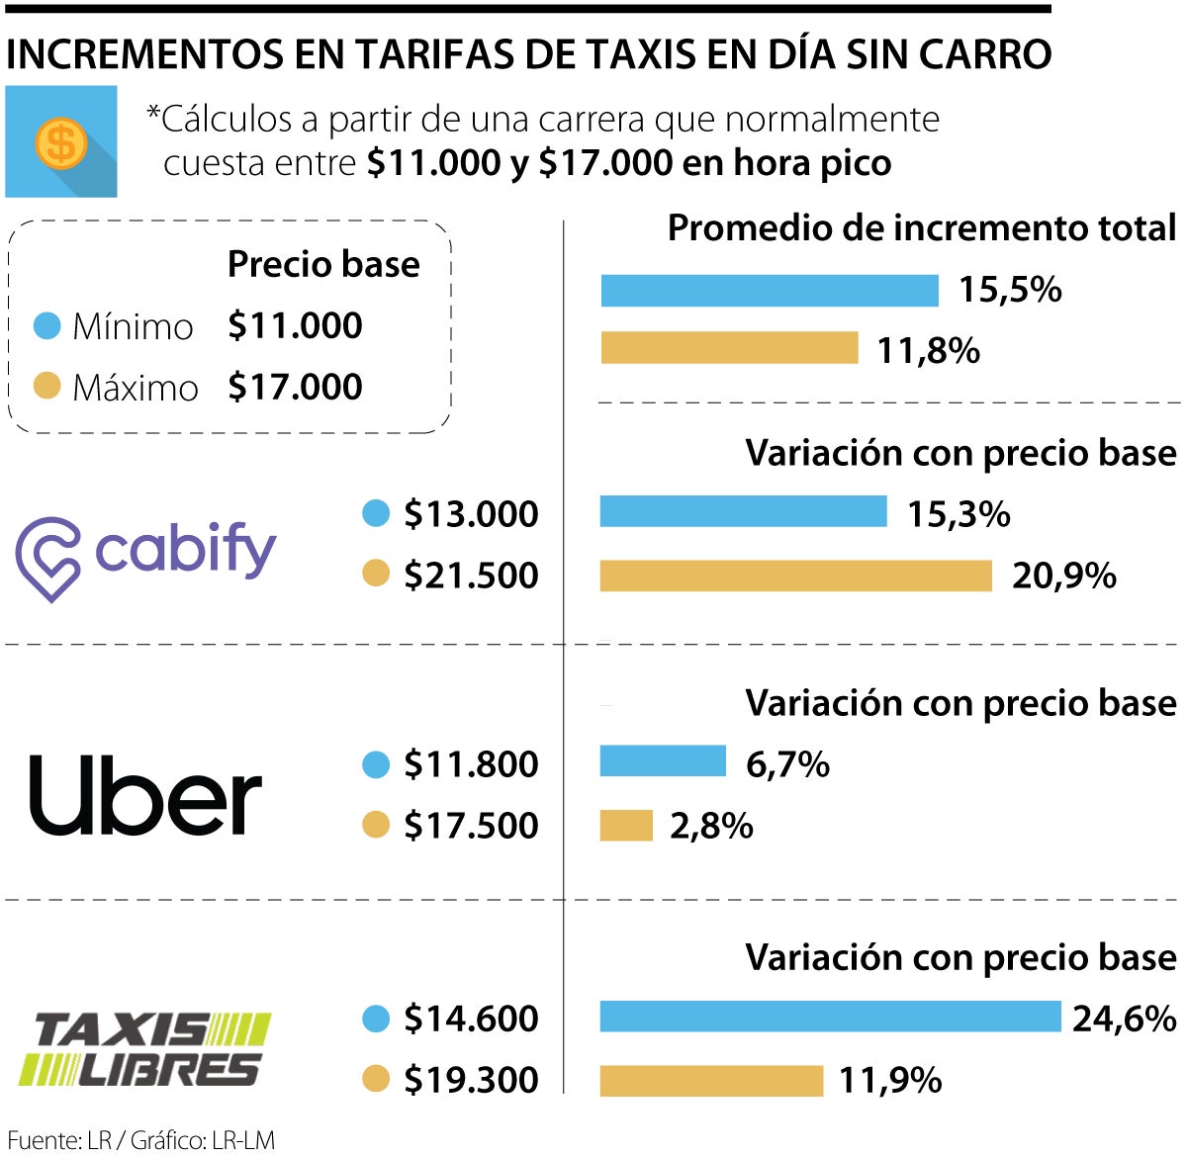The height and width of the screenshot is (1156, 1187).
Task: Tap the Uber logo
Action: point(145,795)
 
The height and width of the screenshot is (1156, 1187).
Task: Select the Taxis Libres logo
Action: point(144,1048)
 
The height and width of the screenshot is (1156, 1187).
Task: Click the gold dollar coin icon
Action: point(60,142)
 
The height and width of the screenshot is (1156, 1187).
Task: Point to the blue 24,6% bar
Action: point(829,1017)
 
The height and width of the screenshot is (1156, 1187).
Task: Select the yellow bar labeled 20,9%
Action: point(795,576)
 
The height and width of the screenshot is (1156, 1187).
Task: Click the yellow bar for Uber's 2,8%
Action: point(626,826)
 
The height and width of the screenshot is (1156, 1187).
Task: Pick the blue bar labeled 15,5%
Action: point(770,291)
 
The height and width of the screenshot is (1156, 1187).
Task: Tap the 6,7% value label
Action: point(787,764)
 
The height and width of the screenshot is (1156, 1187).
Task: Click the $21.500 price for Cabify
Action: point(471,576)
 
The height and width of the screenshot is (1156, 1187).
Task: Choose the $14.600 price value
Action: point(471,1019)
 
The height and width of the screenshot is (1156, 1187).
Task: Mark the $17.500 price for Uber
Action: point(471,826)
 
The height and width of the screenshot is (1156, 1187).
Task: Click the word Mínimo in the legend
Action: point(133,326)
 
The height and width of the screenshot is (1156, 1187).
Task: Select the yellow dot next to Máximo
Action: point(46,387)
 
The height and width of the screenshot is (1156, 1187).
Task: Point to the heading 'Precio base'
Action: point(323,264)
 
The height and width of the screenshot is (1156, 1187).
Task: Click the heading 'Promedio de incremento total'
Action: point(922,228)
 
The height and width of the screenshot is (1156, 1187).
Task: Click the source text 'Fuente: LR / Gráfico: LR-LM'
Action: point(141,1140)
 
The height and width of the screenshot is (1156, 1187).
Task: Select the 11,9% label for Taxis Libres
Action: point(889,1080)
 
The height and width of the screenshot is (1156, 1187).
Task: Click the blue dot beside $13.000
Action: point(376,513)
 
